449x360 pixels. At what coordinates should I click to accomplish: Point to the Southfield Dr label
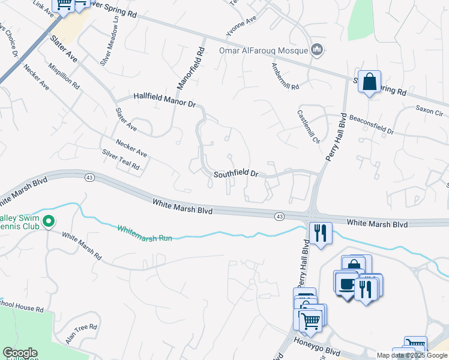(236, 174)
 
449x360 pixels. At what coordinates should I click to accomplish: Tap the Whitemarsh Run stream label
(145, 233)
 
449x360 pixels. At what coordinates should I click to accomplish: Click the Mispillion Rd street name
(64, 76)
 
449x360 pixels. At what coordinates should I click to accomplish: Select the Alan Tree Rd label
(81, 334)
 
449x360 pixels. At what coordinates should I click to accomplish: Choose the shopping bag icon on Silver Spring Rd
(370, 81)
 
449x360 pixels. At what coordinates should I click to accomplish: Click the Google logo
(19, 353)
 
